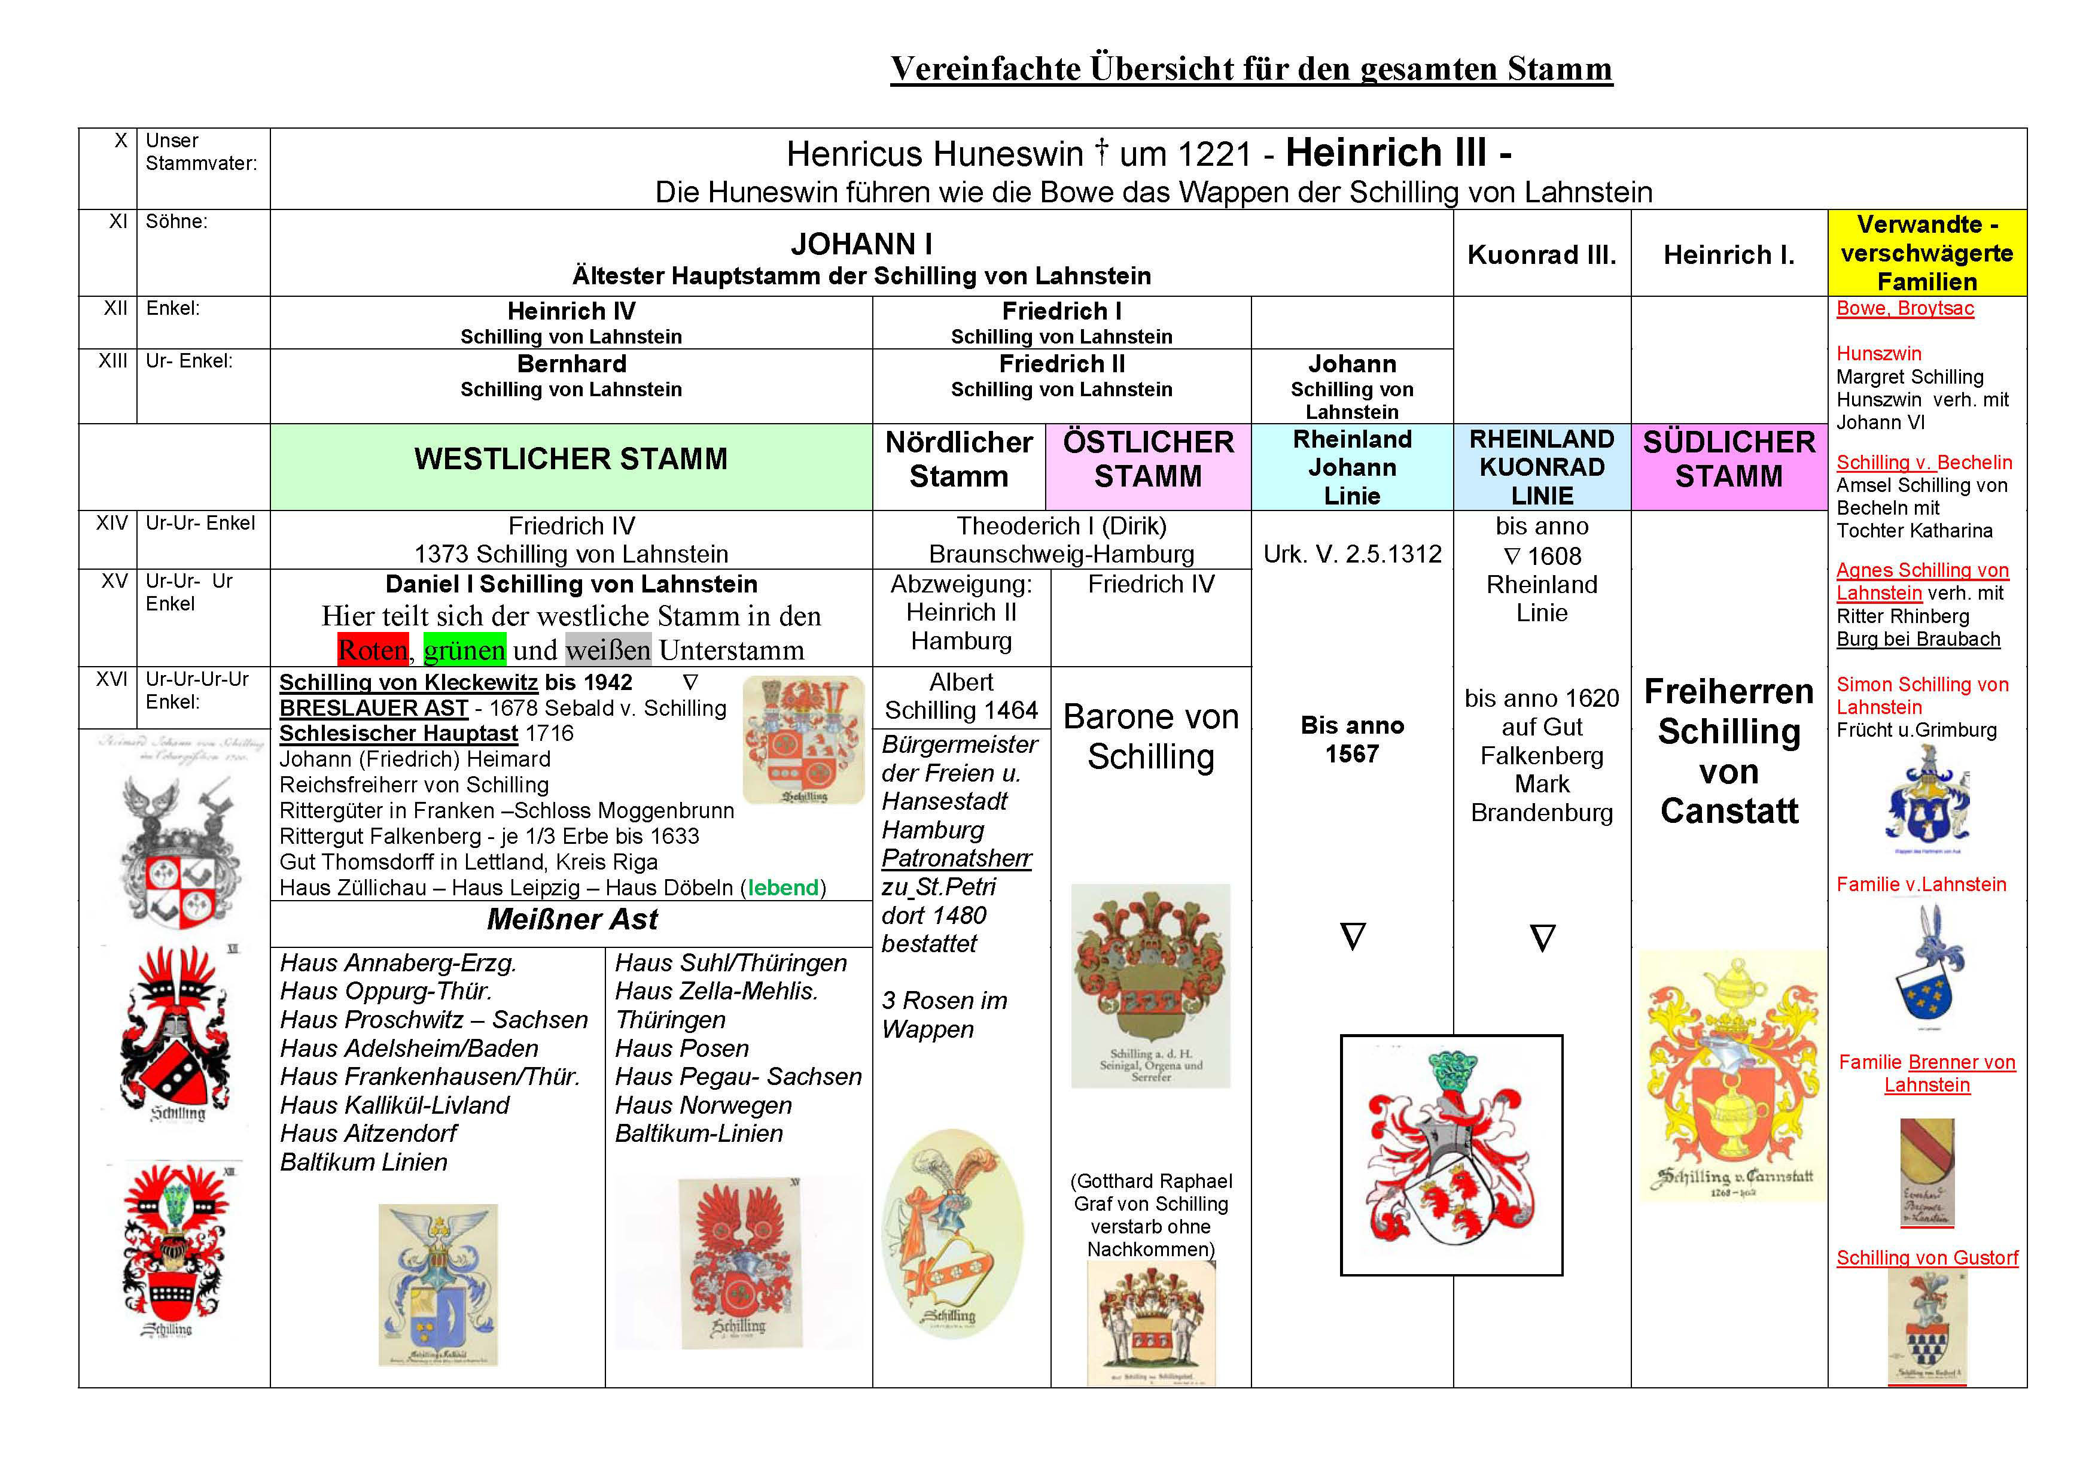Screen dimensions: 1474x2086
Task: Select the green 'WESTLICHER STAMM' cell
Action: tap(571, 460)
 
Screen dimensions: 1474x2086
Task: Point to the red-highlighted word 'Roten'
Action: tap(373, 651)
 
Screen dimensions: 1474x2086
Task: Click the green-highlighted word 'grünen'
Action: tap(464, 651)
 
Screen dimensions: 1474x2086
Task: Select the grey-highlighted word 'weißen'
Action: tap(608, 651)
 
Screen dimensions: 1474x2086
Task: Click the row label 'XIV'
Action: tap(112, 524)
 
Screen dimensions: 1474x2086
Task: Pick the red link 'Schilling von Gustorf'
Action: tap(1926, 1258)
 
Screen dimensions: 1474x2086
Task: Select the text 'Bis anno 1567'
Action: tap(1352, 740)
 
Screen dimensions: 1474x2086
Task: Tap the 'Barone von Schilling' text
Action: tap(1150, 737)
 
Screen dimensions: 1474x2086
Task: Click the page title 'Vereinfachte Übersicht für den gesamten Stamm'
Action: tap(1251, 69)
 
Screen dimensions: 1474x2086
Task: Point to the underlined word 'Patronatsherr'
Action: tap(956, 859)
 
